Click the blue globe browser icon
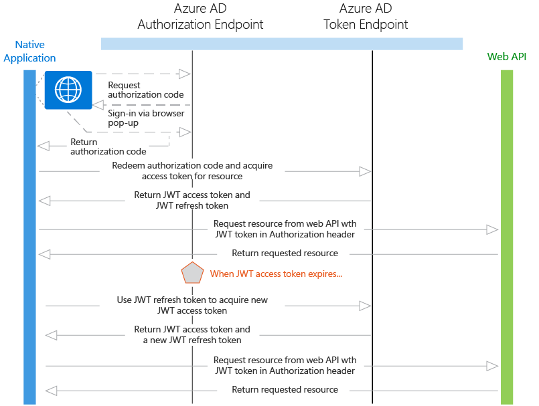pos(68,90)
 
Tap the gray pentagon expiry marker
pos(192,273)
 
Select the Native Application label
pos(29,52)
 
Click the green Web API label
pos(507,57)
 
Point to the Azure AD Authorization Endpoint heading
pos(200,17)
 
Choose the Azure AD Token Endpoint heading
pos(366,17)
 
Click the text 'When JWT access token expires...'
pos(276,274)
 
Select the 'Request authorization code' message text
pos(145,90)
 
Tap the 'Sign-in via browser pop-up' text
pos(146,118)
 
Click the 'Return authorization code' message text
pos(108,146)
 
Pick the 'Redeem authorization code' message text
pos(192,171)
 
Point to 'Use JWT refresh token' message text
pos(192,305)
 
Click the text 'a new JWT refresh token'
pos(192,340)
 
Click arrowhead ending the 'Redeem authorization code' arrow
pos(365,172)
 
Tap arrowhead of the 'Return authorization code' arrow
pos(44,146)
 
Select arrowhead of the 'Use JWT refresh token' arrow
pos(365,306)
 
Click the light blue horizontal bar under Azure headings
pos(281,43)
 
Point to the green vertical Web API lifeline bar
pos(507,234)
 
